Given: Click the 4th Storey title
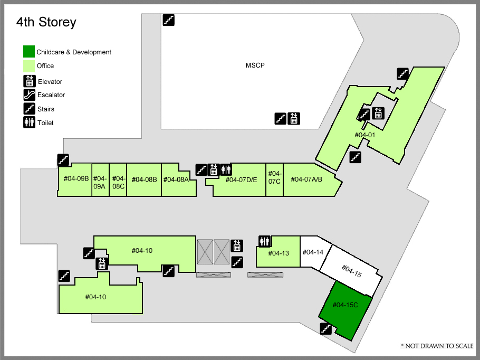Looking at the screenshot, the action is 46,22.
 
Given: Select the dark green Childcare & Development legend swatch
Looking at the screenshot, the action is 29,52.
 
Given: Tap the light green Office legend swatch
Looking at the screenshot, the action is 29,66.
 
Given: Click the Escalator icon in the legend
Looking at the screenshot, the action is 30,94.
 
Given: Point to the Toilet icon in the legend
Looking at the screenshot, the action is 30,122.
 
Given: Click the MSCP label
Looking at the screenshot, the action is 255,65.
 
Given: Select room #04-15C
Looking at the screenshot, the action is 345,310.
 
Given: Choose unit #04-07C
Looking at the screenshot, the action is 274,179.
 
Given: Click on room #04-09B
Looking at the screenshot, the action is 75,179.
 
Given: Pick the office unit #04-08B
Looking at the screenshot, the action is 144,179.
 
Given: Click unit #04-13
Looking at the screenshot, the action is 278,252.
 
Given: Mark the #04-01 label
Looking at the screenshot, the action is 364,135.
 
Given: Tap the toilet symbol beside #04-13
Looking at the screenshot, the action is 264,241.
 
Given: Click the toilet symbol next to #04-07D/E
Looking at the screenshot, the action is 226,169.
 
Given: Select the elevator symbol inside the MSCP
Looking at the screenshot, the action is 294,119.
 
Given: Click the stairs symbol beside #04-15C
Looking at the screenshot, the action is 326,329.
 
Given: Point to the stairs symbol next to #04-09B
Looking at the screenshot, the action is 63,159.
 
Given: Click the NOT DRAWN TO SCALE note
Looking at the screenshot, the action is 437,346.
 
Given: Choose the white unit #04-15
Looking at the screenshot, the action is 351,271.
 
